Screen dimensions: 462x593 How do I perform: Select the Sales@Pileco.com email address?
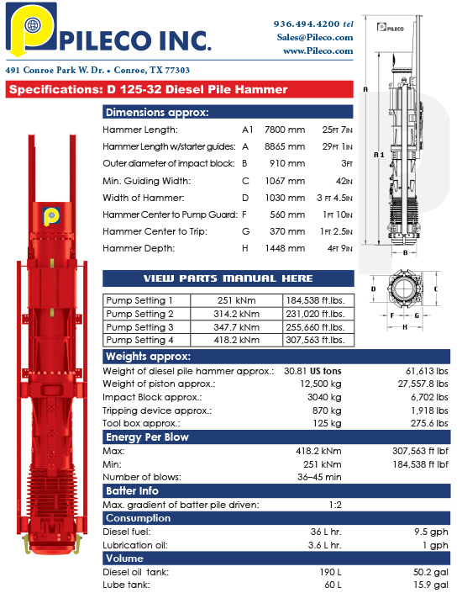click(x=313, y=37)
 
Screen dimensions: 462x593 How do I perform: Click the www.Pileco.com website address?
click(x=318, y=50)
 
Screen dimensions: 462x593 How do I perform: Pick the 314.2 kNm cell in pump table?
click(x=237, y=314)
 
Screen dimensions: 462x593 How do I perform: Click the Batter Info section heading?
click(x=133, y=490)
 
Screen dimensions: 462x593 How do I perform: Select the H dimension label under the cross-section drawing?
click(x=406, y=327)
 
